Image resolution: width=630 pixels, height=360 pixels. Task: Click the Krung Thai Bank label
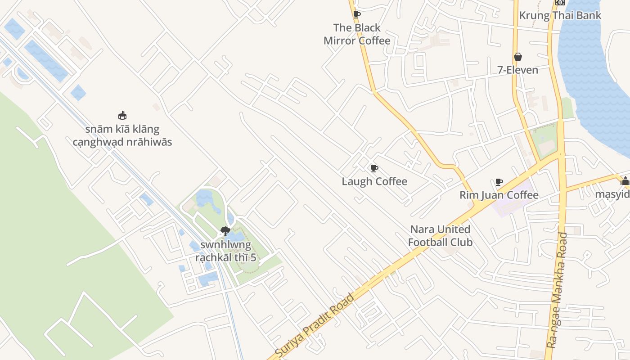point(560,15)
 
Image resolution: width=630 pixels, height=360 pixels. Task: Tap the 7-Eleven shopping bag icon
point(518,57)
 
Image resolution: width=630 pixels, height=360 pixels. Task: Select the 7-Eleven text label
point(517,70)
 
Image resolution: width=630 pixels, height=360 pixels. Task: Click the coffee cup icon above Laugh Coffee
point(374,168)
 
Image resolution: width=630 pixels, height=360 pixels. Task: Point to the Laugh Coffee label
point(374,181)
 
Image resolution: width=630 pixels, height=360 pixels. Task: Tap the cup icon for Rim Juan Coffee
point(499,182)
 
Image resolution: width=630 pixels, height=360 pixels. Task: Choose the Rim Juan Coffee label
point(499,195)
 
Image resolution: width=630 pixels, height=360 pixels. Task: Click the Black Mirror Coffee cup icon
point(357,14)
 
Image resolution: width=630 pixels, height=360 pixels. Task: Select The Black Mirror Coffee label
point(357,34)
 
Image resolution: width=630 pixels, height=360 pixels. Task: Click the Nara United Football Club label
point(440,236)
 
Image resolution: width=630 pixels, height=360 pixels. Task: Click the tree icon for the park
point(225,231)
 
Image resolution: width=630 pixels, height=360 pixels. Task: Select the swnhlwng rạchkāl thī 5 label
point(225,251)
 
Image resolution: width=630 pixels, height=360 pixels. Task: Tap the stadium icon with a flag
point(122,115)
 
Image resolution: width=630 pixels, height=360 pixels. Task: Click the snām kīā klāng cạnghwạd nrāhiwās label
point(122,135)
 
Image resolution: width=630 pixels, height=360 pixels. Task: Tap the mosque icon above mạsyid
point(625,181)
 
